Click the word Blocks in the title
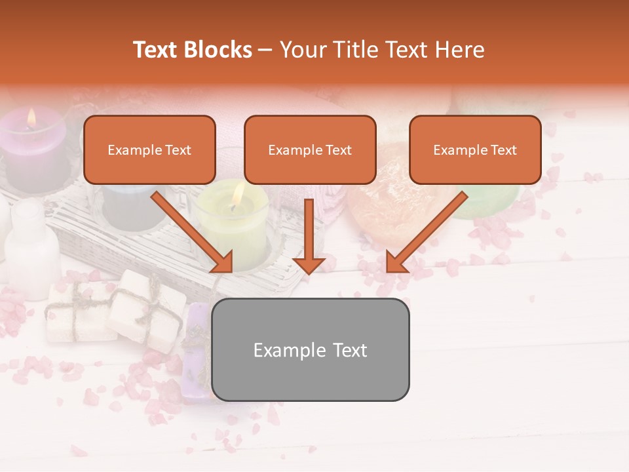tap(219, 50)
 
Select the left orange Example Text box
tap(149, 150)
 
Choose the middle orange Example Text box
tap(310, 150)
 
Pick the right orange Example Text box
tap(475, 150)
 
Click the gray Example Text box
tap(311, 350)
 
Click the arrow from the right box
tap(425, 233)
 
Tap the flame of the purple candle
tap(31, 117)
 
